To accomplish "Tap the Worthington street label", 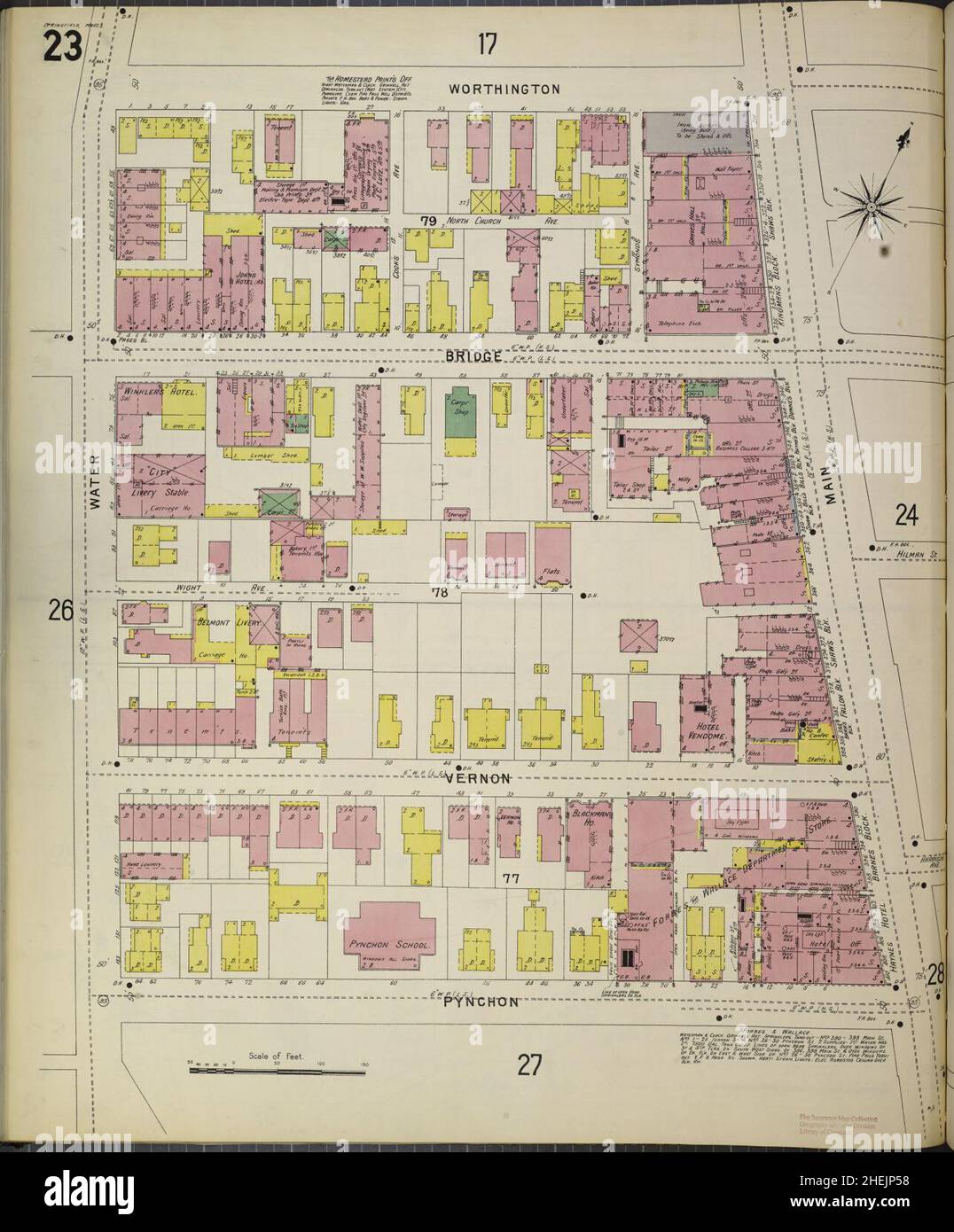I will pos(504,89).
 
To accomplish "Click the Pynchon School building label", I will pos(389,946).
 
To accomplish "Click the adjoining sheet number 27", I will pos(528,1064).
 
